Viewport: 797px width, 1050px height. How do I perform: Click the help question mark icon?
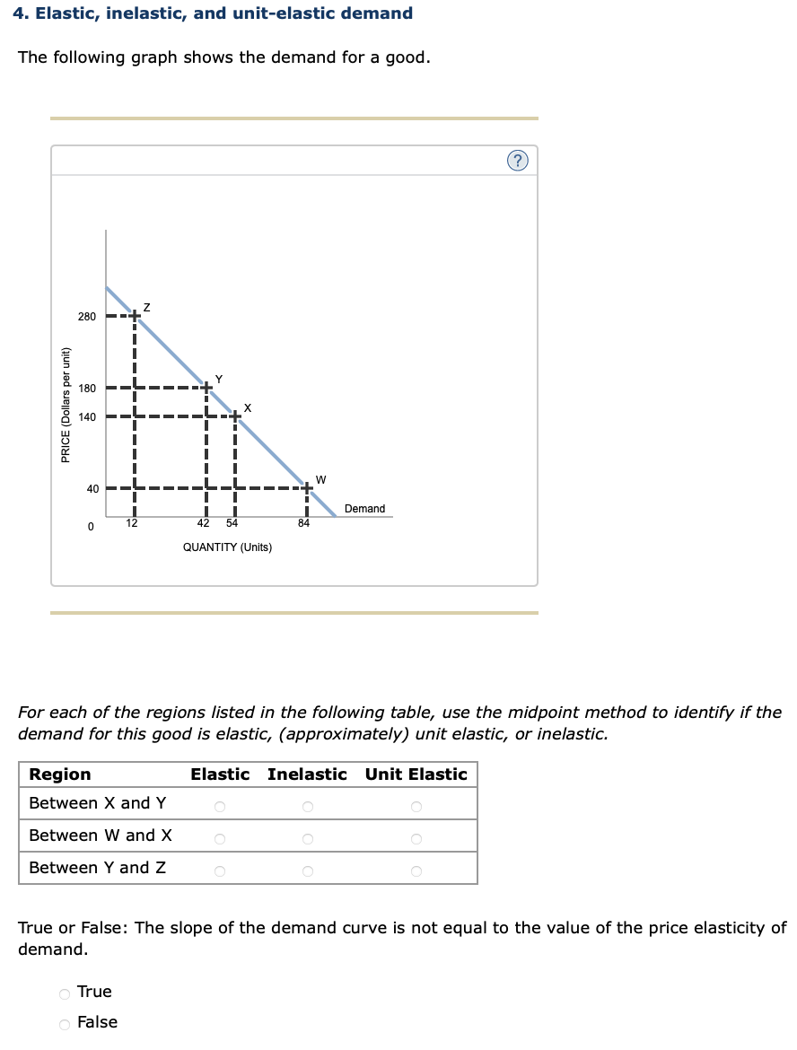[x=518, y=161]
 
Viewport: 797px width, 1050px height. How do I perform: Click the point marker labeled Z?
[x=134, y=316]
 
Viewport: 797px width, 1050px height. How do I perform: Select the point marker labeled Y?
[x=206, y=388]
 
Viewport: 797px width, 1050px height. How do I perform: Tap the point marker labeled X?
[x=235, y=416]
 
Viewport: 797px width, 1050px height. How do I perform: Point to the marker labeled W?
[x=307, y=488]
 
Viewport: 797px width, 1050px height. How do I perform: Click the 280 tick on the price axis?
[x=86, y=317]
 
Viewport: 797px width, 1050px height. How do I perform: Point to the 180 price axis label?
[x=86, y=389]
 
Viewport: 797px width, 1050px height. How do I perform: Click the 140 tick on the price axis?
[x=86, y=417]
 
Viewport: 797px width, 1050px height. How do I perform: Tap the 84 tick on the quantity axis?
[x=303, y=524]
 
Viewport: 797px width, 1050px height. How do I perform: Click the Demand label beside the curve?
[x=364, y=509]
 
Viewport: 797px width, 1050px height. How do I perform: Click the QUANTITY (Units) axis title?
[x=227, y=547]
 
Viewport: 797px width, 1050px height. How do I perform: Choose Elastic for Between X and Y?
[x=220, y=808]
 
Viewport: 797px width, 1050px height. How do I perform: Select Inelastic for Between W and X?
[x=307, y=840]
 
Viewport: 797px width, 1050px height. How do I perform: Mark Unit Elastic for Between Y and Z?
[x=416, y=871]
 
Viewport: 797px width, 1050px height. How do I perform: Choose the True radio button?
[x=65, y=993]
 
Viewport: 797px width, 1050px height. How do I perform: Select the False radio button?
[x=65, y=1024]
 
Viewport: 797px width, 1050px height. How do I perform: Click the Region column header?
[x=60, y=774]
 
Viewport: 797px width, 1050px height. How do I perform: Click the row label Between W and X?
[x=101, y=836]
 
